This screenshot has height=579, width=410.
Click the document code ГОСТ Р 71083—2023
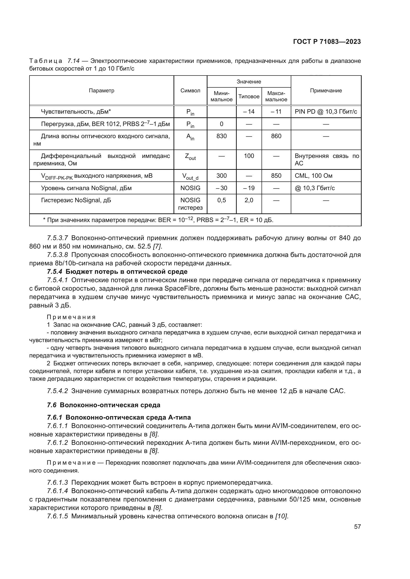tap(327, 42)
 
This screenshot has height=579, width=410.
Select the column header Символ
tap(190, 91)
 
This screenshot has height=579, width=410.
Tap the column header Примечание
tap(326, 91)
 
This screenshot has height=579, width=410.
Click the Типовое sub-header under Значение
tap(249, 96)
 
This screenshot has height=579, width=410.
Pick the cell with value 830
tap(221, 136)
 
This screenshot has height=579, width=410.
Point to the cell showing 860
tap(276, 136)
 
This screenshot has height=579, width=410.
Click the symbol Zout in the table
tap(190, 157)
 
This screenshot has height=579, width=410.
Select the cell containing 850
tap(276, 176)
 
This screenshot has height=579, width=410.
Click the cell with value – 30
tap(221, 188)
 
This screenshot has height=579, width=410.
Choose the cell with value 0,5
tap(221, 200)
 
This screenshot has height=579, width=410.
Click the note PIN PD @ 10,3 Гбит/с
tap(326, 112)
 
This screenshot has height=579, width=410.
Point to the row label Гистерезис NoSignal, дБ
tap(76, 200)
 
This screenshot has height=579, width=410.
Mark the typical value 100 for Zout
tap(249, 156)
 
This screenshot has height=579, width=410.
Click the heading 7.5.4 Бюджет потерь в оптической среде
tap(117, 272)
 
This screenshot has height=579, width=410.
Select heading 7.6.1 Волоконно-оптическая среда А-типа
tap(119, 417)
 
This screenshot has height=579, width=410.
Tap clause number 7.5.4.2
tap(57, 391)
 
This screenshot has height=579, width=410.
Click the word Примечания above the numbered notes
tap(71, 317)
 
